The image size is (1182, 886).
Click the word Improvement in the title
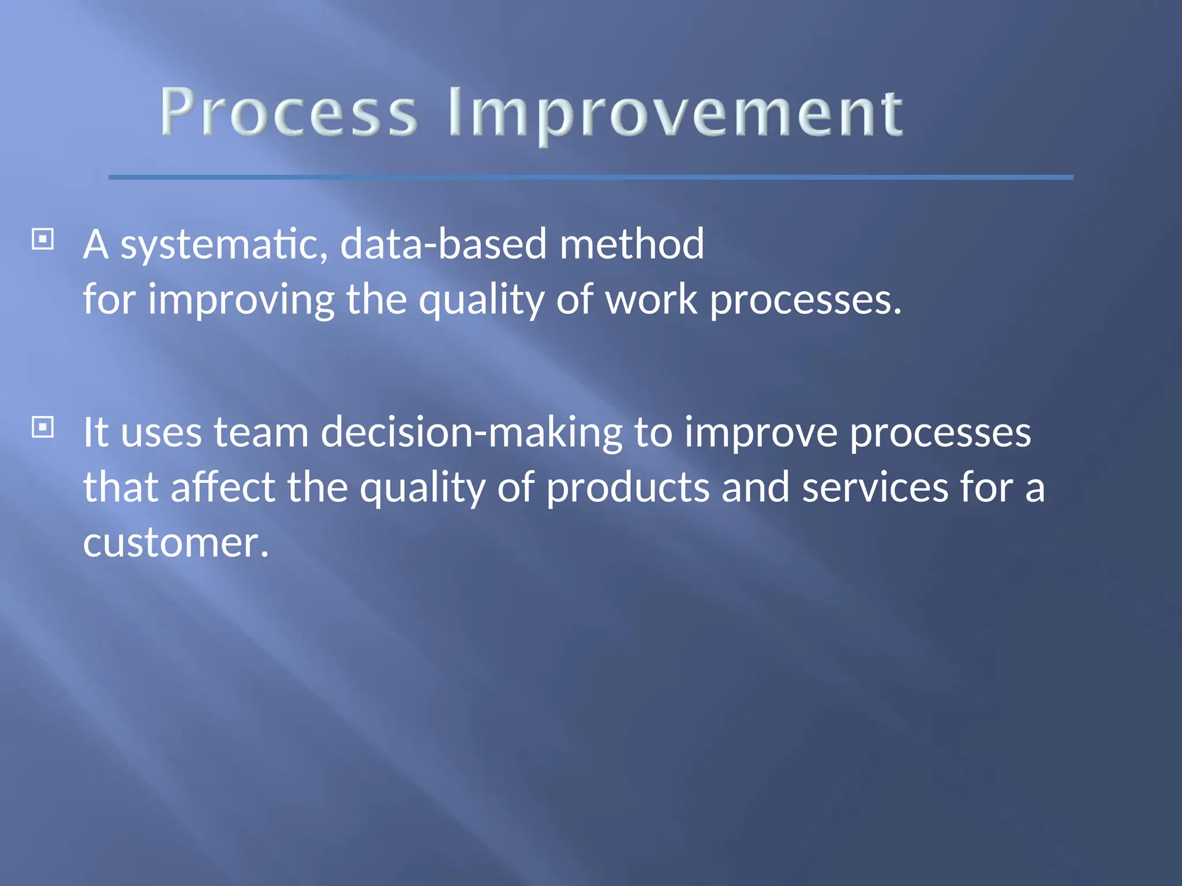click(x=675, y=114)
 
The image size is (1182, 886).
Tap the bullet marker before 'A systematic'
click(x=43, y=239)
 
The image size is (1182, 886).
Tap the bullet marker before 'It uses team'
click(x=43, y=427)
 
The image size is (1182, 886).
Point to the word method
click(x=631, y=243)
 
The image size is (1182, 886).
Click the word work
click(x=651, y=300)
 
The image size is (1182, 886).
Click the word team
click(x=261, y=433)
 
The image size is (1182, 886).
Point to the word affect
click(x=223, y=487)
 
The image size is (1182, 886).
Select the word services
click(x=875, y=487)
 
